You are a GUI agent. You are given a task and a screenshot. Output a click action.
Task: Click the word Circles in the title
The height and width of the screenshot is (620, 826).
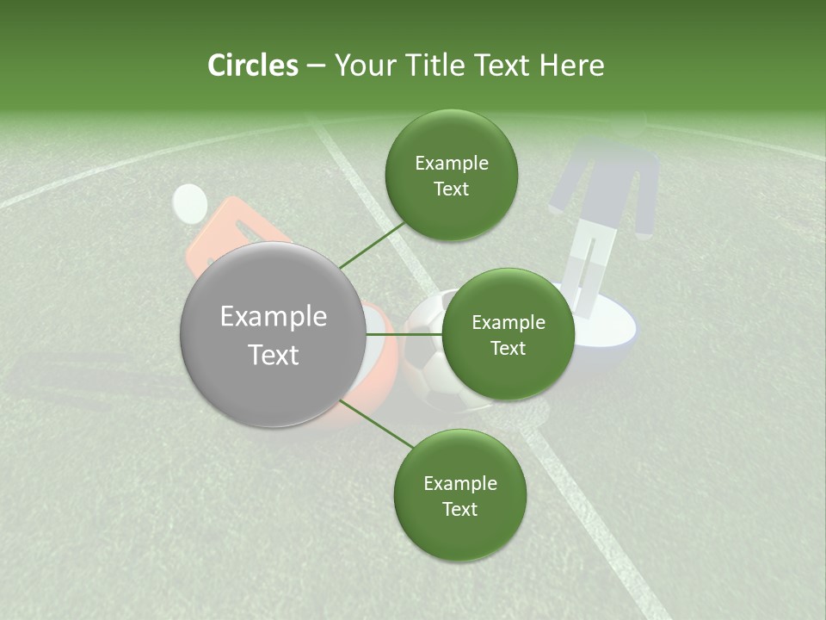coord(253,65)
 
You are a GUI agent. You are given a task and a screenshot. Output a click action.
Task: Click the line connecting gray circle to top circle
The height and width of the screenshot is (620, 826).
coord(373,245)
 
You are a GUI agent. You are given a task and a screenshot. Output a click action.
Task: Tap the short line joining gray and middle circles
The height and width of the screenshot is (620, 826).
coord(404,334)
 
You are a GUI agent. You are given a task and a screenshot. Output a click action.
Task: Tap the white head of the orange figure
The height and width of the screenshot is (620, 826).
coord(190,203)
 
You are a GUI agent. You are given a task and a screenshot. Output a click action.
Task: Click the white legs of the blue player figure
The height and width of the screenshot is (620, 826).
coord(591,267)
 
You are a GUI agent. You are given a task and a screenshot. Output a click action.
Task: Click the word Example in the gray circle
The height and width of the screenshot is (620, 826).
coord(274,316)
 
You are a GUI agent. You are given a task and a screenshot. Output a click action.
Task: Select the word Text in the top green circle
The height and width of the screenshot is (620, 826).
coord(451,189)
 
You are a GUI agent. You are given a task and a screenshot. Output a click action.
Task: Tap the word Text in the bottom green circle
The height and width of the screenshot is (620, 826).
coord(459,509)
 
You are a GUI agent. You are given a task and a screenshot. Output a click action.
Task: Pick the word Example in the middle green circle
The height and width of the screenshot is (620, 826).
coord(509,322)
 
